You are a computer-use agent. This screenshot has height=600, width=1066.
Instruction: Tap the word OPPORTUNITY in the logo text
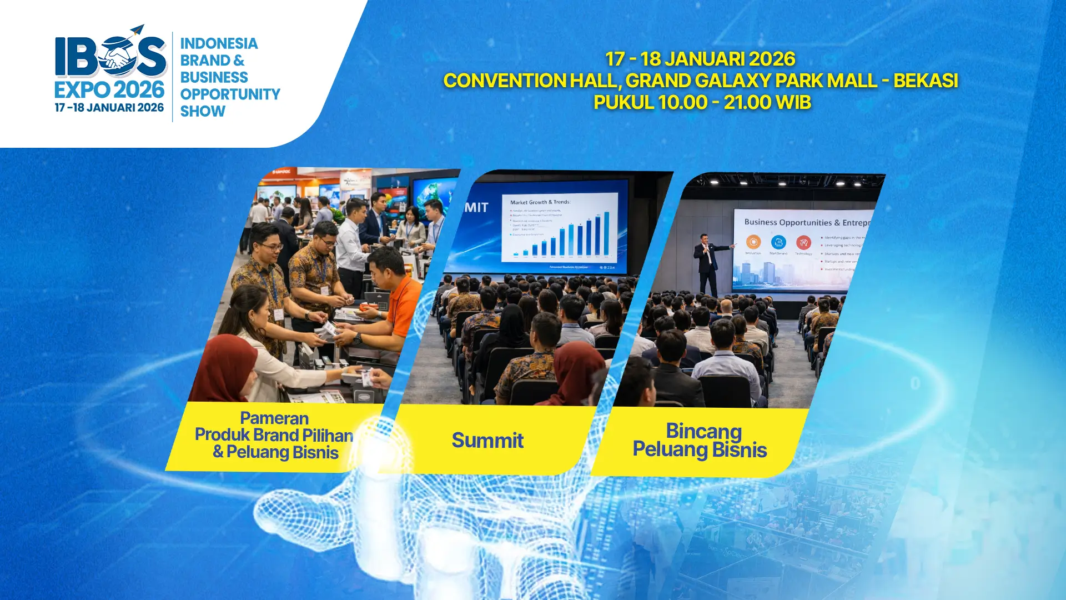(230, 94)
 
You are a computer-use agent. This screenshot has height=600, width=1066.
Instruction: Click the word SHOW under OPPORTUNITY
(203, 112)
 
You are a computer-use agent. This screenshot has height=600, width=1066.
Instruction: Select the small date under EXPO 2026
(109, 108)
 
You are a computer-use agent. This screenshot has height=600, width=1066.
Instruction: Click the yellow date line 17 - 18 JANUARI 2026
(700, 59)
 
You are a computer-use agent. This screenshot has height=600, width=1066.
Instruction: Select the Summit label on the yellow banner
(487, 441)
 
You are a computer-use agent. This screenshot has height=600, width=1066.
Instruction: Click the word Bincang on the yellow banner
(703, 431)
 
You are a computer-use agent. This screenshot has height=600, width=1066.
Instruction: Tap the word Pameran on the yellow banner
(274, 418)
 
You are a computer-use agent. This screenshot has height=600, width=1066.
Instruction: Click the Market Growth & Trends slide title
(540, 202)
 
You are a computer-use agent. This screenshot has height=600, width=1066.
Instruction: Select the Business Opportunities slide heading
(805, 222)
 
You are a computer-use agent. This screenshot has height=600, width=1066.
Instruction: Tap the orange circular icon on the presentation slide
(753, 242)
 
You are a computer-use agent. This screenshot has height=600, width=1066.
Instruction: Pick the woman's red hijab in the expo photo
(225, 367)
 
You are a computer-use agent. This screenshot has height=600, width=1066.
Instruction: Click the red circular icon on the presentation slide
(803, 242)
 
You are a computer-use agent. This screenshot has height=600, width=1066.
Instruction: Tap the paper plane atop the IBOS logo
(135, 30)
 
